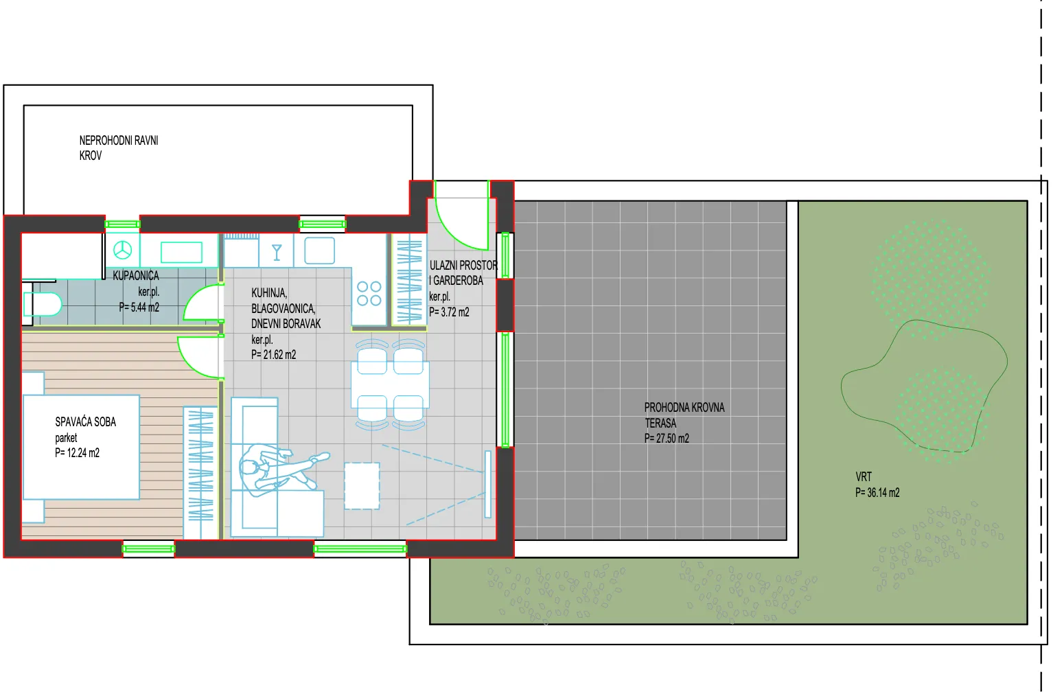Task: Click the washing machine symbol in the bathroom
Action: (x=123, y=250)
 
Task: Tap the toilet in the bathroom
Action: (x=43, y=304)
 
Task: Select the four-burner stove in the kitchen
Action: (x=369, y=293)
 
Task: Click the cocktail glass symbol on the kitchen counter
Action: (x=277, y=253)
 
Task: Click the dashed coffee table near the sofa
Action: (x=362, y=486)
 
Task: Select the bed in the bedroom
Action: (x=81, y=447)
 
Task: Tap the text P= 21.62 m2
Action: (x=274, y=355)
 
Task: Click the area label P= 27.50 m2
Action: (x=667, y=439)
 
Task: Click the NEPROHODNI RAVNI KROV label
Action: (x=119, y=148)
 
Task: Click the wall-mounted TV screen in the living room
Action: (x=488, y=484)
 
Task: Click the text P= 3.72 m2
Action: (x=449, y=312)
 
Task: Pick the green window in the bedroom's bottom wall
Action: (x=149, y=549)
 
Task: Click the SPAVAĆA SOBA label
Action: (x=86, y=422)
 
